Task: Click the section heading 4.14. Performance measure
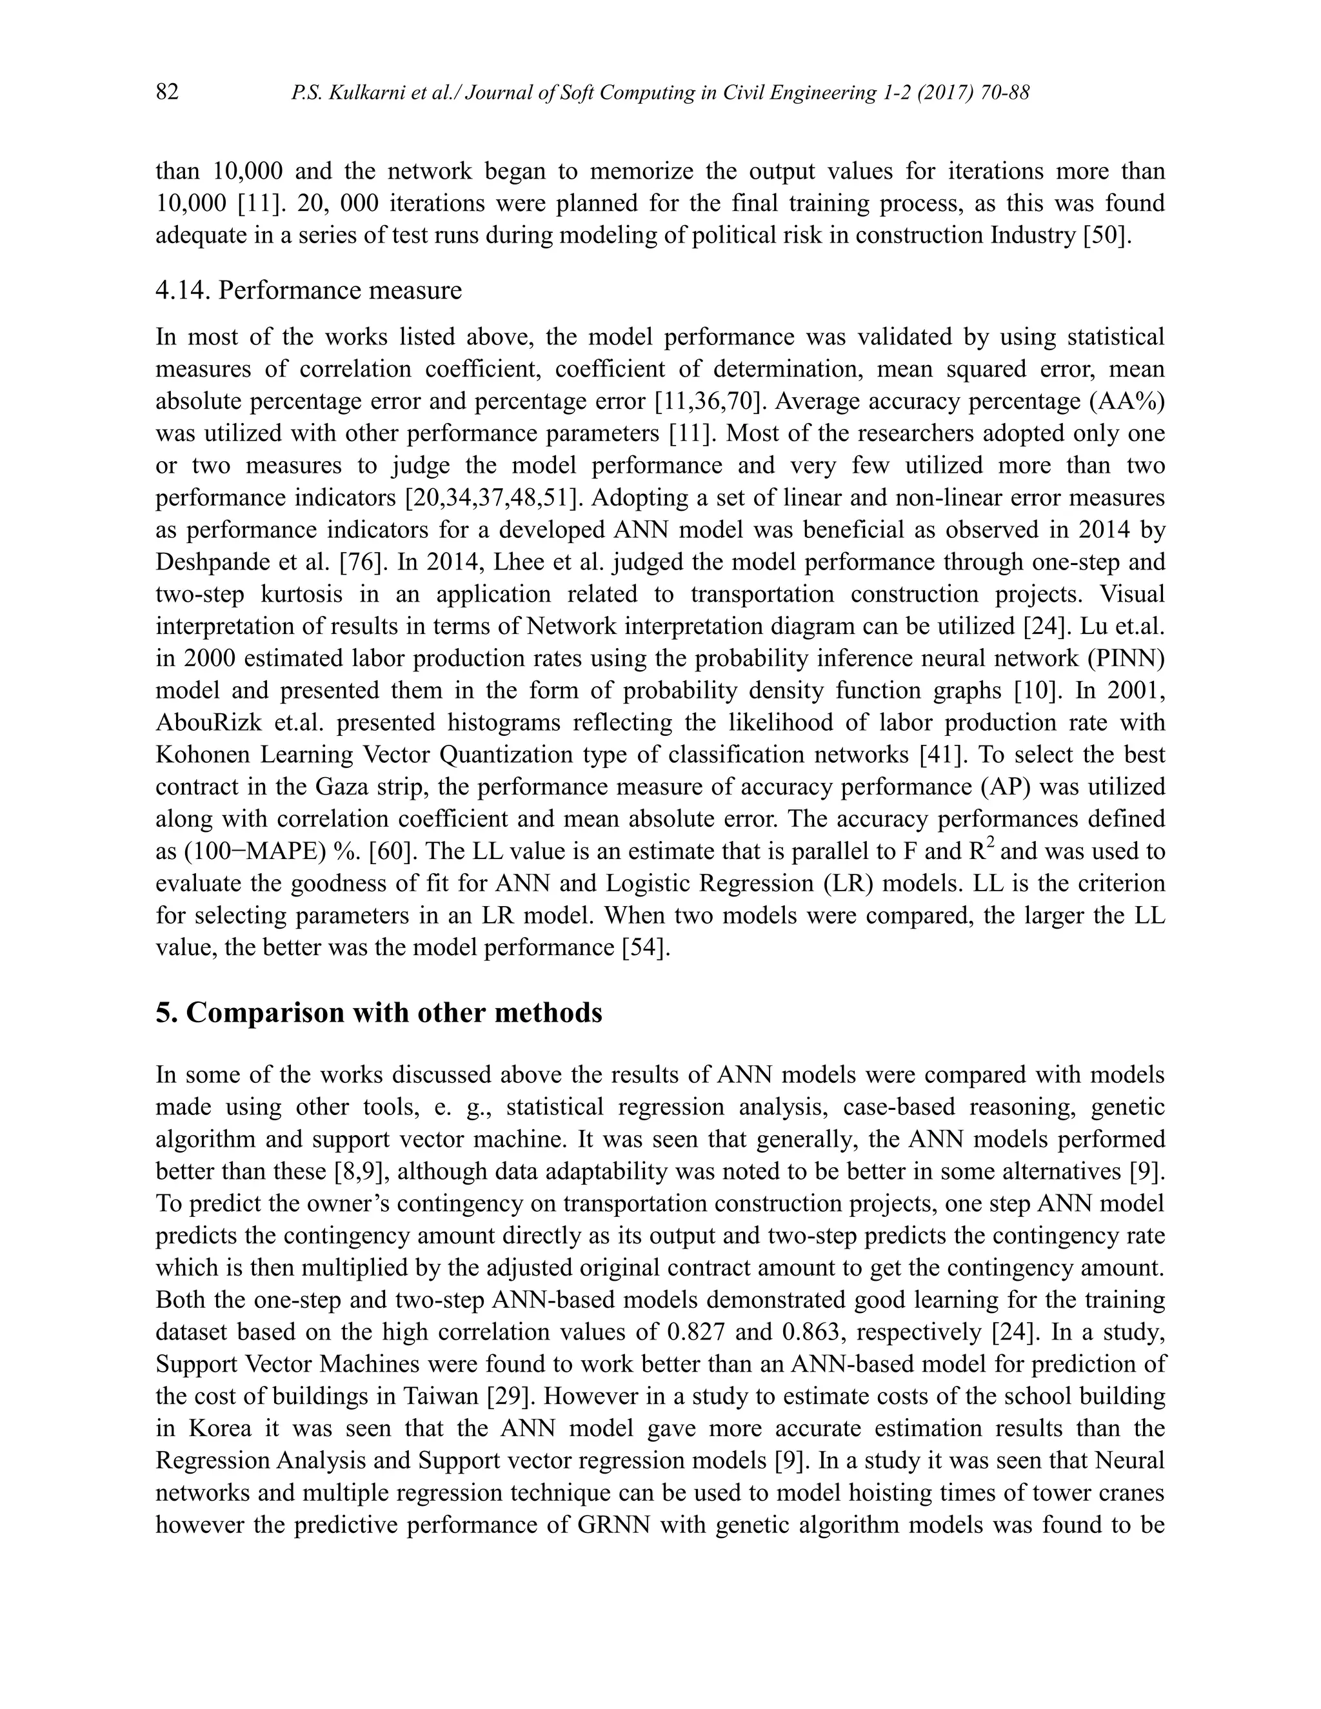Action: (308, 290)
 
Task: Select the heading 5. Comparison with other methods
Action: (379, 1013)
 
